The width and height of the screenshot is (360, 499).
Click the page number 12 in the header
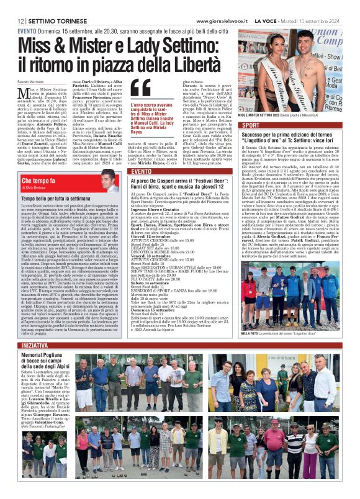coord(21,20)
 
